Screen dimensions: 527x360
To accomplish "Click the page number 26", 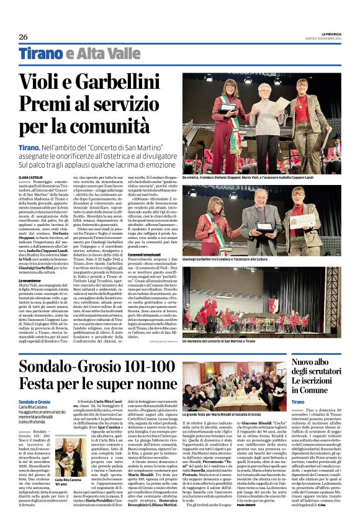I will tap(23, 37).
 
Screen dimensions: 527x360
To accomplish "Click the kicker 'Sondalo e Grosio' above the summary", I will tap(34, 402).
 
